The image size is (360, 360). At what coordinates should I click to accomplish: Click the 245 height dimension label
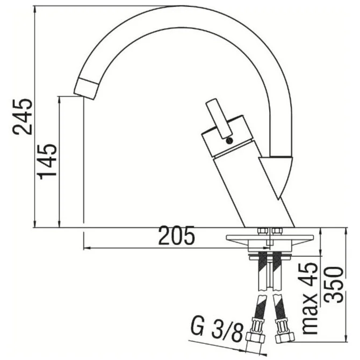[22, 117]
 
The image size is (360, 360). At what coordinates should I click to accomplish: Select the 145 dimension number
[47, 162]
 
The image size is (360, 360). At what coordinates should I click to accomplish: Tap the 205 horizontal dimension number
[177, 235]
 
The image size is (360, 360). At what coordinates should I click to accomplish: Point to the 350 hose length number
[334, 284]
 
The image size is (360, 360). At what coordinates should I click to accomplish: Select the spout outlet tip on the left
[86, 89]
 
